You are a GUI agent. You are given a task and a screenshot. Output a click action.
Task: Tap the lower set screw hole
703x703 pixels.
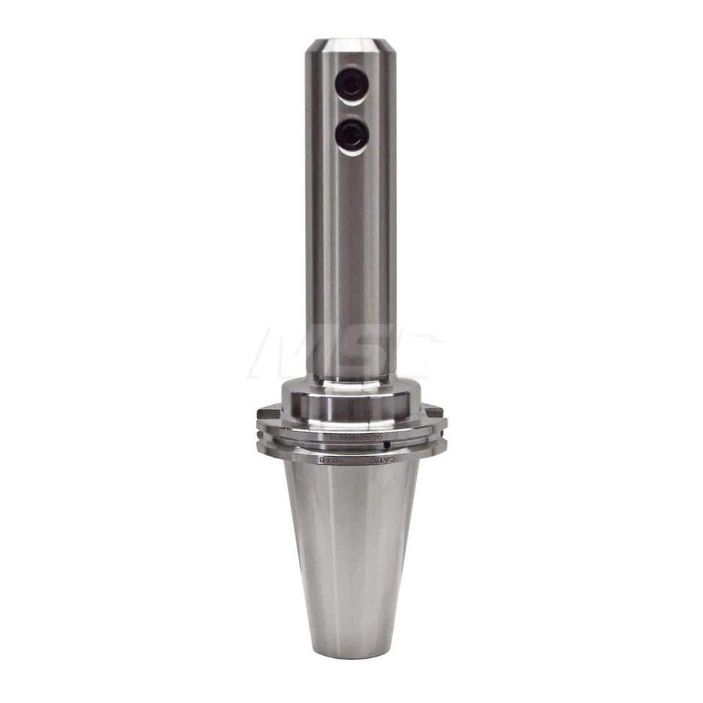coord(351,134)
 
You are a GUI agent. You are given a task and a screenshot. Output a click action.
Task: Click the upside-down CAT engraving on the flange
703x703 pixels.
coord(401,458)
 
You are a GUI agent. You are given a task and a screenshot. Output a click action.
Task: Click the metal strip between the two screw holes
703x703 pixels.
coord(351,110)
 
